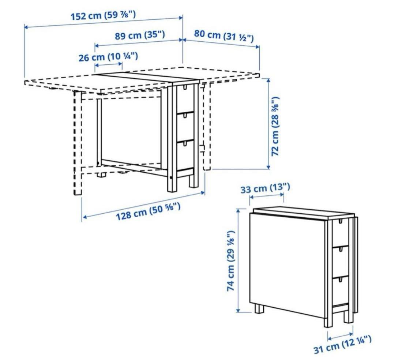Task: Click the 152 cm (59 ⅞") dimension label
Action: tap(103, 16)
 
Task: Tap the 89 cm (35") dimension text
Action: tap(140, 35)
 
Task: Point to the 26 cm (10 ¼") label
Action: tap(108, 57)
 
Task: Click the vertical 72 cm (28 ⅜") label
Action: tap(275, 126)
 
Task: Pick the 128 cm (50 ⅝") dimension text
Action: tap(148, 211)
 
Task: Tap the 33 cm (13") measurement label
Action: tap(265, 188)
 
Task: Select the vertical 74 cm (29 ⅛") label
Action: tap(231, 261)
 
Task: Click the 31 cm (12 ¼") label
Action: tap(342, 344)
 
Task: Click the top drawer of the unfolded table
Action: tap(185, 99)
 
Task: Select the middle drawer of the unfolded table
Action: tap(185, 127)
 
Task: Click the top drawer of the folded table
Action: tap(341, 233)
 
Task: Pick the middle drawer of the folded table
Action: tap(341, 262)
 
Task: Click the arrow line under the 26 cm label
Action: tap(109, 65)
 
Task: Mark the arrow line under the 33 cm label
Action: tap(267, 196)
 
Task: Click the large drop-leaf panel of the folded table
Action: tap(287, 265)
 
